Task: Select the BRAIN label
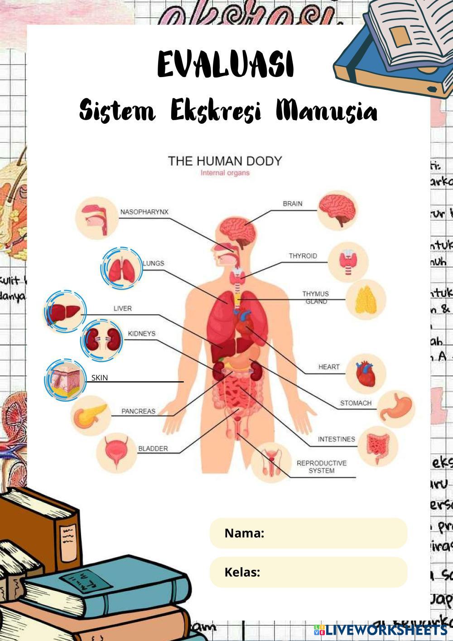[292, 204]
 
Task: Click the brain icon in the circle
[337, 210]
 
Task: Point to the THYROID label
[303, 256]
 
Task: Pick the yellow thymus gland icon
[365, 300]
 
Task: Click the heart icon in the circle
[366, 373]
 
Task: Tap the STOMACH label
[356, 403]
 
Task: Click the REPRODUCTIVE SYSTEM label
[321, 466]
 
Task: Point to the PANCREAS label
[138, 411]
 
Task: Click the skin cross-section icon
[65, 380]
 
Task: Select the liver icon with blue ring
[64, 312]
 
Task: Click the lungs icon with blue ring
[121, 269]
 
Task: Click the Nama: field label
[244, 533]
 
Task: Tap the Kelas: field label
[242, 572]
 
